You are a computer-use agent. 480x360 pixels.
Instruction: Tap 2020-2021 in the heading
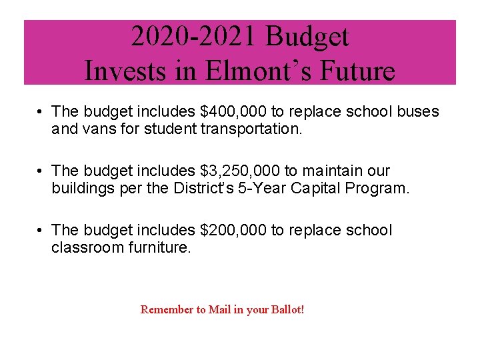(194, 37)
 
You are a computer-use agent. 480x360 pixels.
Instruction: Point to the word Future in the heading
(359, 71)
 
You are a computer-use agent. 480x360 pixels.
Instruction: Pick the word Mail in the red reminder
(219, 310)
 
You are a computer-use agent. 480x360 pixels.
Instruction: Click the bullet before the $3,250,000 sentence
(41, 171)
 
